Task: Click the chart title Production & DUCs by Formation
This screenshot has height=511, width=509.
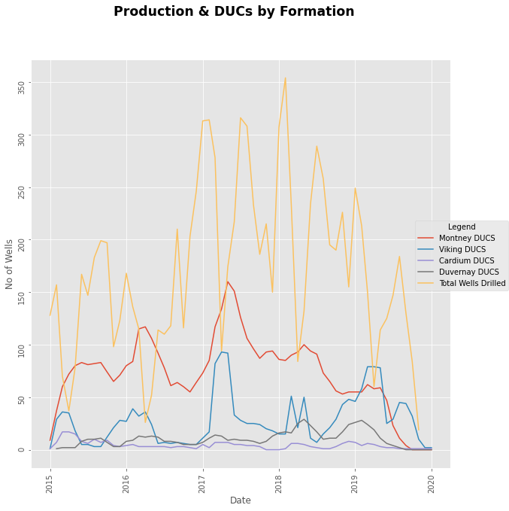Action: click(234, 11)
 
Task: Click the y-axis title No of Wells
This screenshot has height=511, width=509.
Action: click(10, 263)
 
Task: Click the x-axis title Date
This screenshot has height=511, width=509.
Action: click(241, 500)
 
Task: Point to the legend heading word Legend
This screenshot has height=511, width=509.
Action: click(461, 227)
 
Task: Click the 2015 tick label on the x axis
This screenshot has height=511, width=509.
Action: click(50, 483)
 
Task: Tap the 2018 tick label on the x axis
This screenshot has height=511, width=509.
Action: click(279, 483)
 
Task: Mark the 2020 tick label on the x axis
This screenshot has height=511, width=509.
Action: click(432, 483)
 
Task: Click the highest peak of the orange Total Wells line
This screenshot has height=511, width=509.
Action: click(285, 78)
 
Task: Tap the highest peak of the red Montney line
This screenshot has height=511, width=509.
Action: click(228, 281)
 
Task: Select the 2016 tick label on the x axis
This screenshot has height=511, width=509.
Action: click(126, 483)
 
